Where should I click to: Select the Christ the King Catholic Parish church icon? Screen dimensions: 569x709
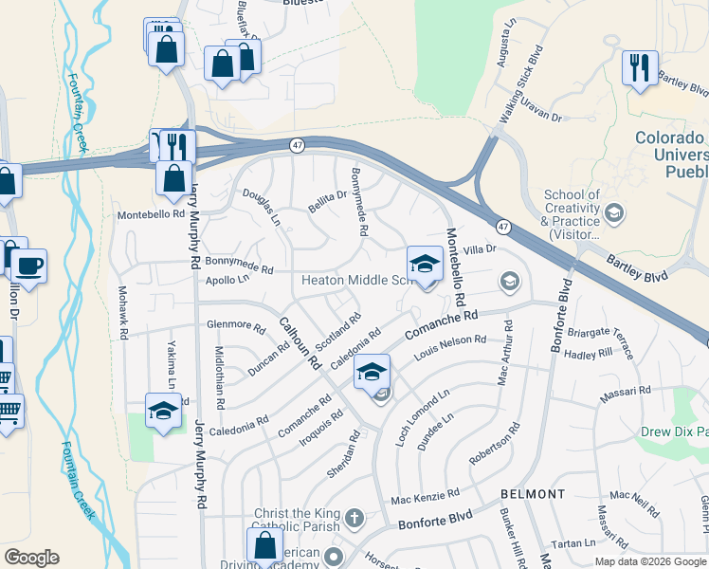(354, 517)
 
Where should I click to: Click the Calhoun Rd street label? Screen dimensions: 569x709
(301, 347)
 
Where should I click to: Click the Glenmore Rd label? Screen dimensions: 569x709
(236, 325)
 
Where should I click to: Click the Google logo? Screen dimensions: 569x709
(31, 558)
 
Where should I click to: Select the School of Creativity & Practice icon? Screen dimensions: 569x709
(613, 212)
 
